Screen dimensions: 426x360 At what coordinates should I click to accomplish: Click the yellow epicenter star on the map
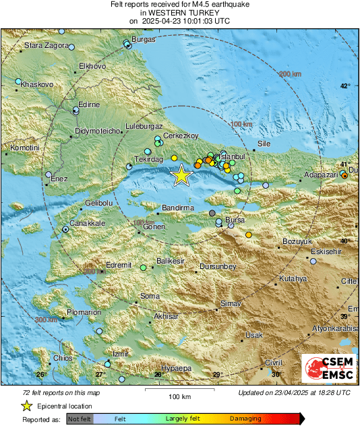[181, 176]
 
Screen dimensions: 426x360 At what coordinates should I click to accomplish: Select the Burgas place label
[144, 40]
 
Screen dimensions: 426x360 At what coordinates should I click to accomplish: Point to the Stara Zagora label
[47, 46]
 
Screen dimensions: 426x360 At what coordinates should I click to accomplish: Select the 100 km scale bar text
[178, 395]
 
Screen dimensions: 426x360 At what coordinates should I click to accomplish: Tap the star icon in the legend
[26, 406]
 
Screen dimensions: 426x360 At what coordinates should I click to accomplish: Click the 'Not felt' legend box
[80, 419]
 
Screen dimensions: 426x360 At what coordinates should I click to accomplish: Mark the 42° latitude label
[344, 86]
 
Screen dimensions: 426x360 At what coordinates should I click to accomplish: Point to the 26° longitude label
[40, 375]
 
